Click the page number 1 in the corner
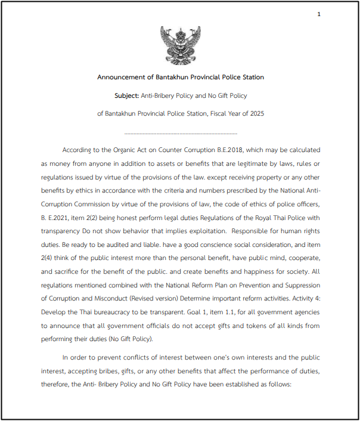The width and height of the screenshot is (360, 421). (x=319, y=14)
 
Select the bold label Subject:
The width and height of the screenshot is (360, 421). (x=126, y=95)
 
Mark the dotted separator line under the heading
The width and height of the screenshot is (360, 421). (x=181, y=134)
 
